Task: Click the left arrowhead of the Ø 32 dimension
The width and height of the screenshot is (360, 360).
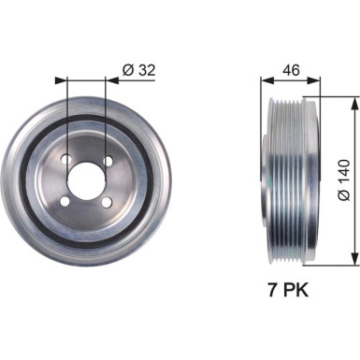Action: tap(60, 81)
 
